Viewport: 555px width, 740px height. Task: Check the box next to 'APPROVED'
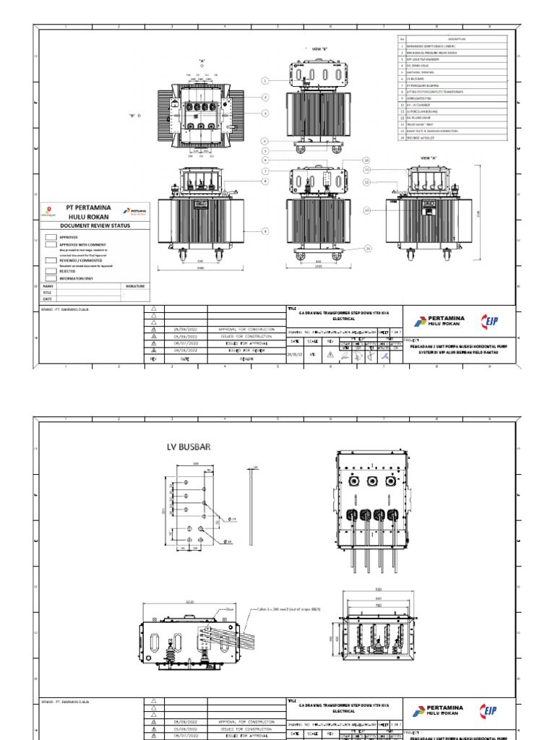pos(51,236)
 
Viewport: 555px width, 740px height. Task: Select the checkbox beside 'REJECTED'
pos(51,271)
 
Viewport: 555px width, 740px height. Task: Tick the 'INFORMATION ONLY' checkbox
pos(51,277)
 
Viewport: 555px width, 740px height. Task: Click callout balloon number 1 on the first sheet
pos(265,81)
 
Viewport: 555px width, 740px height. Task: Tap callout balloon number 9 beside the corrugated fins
pos(265,231)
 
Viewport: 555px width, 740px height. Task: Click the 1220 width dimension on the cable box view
pos(190,601)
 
